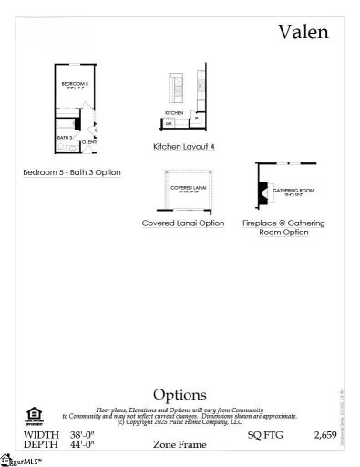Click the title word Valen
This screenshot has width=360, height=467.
303,34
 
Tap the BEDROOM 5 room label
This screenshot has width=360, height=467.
74,85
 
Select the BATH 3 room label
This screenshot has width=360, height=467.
64,137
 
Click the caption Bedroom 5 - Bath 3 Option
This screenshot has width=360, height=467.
72,172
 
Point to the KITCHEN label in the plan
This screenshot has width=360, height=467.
174,113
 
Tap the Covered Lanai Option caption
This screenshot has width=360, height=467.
183,223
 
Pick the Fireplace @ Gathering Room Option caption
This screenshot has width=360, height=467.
283,228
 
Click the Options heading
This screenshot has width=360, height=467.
180,394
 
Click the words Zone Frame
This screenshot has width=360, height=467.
180,445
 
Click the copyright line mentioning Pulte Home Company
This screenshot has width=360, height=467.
180,423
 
